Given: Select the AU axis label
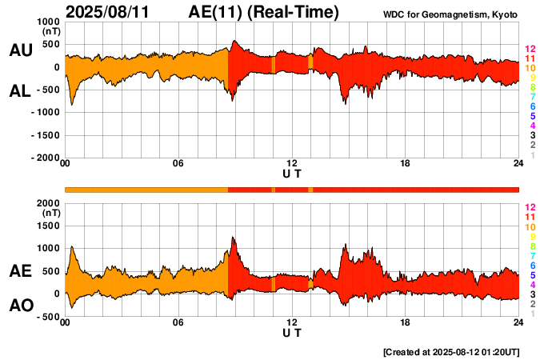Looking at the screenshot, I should pyautogui.click(x=20, y=50).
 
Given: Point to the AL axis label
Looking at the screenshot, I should pyautogui.click(x=20, y=90).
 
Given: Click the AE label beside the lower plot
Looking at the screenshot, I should pyautogui.click(x=20, y=271).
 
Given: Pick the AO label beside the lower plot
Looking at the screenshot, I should pyautogui.click(x=20, y=306).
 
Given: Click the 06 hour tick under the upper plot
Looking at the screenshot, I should pyautogui.click(x=178, y=164).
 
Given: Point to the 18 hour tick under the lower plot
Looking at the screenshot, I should pyautogui.click(x=406, y=322).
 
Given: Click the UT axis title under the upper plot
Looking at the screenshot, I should pyautogui.click(x=292, y=174).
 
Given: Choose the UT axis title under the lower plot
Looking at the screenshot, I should pyautogui.click(x=292, y=332).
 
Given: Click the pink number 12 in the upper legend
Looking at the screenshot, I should pyautogui.click(x=530, y=49).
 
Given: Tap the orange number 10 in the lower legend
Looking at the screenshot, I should pyautogui.click(x=530, y=227).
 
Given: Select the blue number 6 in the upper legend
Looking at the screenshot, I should pyautogui.click(x=532, y=106).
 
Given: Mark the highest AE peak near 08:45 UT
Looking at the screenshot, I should pyautogui.click(x=232, y=238).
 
